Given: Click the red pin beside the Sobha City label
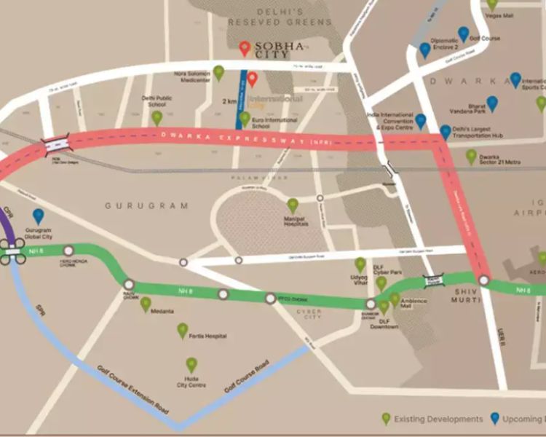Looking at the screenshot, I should pyautogui.click(x=245, y=49).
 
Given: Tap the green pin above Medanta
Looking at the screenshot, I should pyautogui.click(x=146, y=304).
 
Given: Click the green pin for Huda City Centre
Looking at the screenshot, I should pyautogui.click(x=191, y=364).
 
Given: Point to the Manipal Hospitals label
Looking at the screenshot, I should pyautogui.click(x=293, y=221).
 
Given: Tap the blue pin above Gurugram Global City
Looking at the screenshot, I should pyautogui.click(x=38, y=216).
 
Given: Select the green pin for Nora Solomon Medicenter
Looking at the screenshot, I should pyautogui.click(x=218, y=72).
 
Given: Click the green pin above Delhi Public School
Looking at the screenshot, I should pyautogui.click(x=157, y=117).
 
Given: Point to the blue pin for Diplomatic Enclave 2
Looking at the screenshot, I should pyautogui.click(x=425, y=50).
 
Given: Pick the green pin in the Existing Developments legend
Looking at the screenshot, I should pyautogui.click(x=387, y=419).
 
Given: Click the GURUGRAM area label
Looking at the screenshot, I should pyautogui.click(x=146, y=206).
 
